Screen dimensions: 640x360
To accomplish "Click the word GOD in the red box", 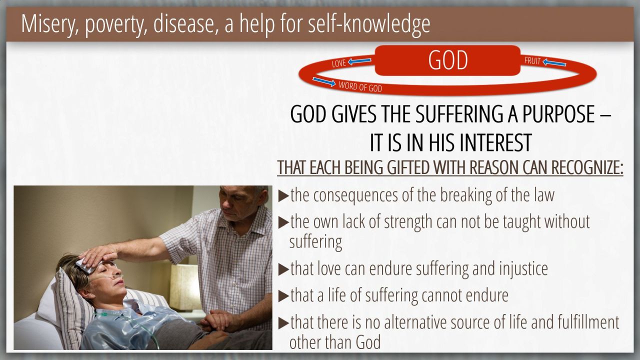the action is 447,60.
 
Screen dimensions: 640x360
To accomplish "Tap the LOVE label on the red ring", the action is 339,63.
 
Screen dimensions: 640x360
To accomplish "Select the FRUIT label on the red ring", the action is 532,60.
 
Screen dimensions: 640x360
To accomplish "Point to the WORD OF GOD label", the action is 360,86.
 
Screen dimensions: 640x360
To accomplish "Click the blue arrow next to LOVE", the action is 359,61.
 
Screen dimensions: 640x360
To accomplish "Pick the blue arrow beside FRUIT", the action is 554,62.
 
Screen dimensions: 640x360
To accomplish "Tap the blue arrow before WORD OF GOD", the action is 324,81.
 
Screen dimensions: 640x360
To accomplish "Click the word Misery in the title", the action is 49,23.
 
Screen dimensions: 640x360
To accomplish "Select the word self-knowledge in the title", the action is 369,23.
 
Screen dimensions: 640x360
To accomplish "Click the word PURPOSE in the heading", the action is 559,114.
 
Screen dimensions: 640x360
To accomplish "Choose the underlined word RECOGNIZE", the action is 587,167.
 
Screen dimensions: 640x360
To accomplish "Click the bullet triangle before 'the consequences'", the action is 283,196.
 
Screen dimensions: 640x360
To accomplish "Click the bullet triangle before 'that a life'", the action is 283,296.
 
